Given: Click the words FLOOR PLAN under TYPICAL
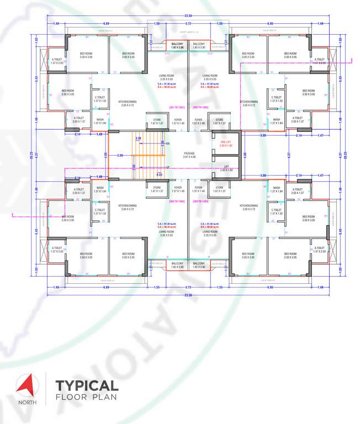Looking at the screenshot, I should click(87, 397).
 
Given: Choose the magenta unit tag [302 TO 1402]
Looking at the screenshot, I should click(202, 107).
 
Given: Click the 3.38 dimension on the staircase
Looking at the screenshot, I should click(139, 137).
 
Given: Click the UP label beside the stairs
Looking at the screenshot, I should click(168, 166).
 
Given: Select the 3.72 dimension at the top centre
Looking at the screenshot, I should click(188, 24).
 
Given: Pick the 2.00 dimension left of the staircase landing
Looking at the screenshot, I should click(120, 155).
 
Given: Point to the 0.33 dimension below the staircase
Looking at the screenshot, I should click(159, 174).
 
